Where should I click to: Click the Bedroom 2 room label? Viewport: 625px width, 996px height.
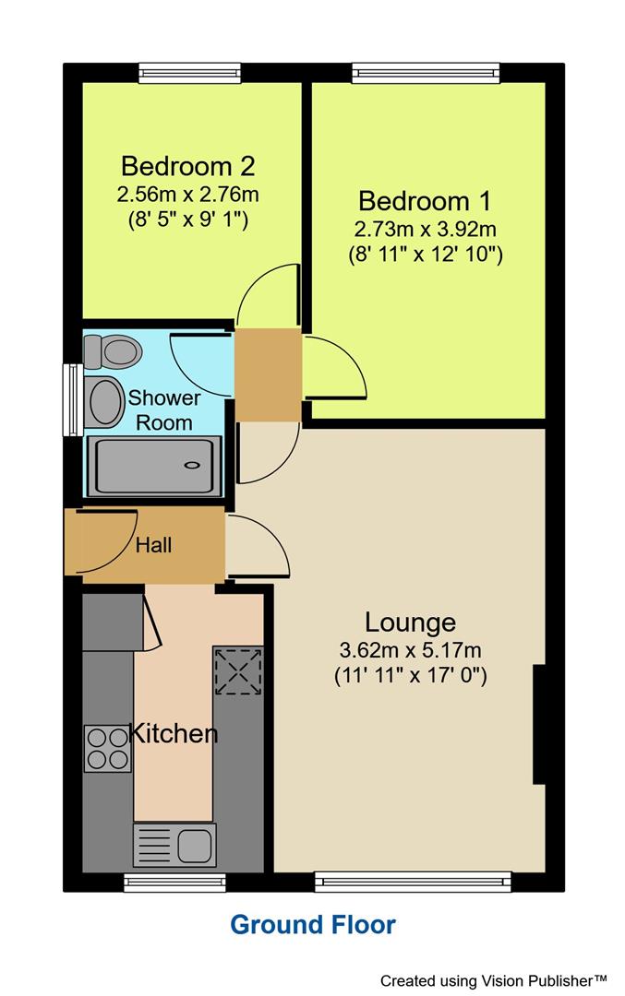click(187, 167)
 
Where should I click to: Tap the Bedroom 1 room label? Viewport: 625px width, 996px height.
click(425, 200)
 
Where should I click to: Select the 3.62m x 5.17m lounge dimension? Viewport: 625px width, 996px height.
click(410, 649)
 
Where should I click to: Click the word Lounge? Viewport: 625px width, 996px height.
click(410, 622)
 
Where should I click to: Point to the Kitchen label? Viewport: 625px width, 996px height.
click(174, 734)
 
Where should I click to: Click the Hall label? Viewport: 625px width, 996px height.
click(153, 545)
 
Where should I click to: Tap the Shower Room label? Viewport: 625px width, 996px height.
click(163, 410)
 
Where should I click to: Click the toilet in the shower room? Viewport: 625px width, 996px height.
click(113, 350)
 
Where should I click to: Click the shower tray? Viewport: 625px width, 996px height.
click(154, 466)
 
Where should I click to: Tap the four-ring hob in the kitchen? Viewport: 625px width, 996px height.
click(108, 748)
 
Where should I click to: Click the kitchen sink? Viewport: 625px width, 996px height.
click(174, 845)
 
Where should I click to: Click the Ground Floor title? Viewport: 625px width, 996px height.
click(312, 924)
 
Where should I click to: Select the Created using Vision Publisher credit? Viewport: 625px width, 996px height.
click(494, 979)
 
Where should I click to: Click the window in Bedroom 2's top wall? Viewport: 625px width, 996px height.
click(189, 73)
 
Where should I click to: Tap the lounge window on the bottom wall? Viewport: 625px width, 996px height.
click(412, 883)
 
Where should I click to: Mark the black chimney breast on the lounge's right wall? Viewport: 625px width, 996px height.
click(538, 725)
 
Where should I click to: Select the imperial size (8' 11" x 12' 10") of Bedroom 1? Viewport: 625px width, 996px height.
click(425, 254)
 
